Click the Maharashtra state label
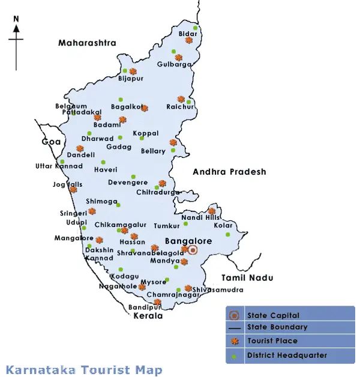tap(87, 43)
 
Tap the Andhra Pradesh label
tap(229, 172)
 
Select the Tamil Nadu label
tap(247, 278)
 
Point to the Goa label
tap(52, 142)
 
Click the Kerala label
tap(149, 316)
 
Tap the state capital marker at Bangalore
tap(192, 250)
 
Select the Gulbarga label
tap(174, 65)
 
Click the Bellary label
tap(153, 151)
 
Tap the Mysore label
tap(153, 282)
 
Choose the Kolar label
tap(223, 226)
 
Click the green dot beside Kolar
tap(228, 235)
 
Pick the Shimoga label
tap(101, 202)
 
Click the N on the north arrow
tap(16, 19)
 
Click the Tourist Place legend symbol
tap(234, 342)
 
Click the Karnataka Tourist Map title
tap(84, 370)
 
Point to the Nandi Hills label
tap(197, 217)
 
